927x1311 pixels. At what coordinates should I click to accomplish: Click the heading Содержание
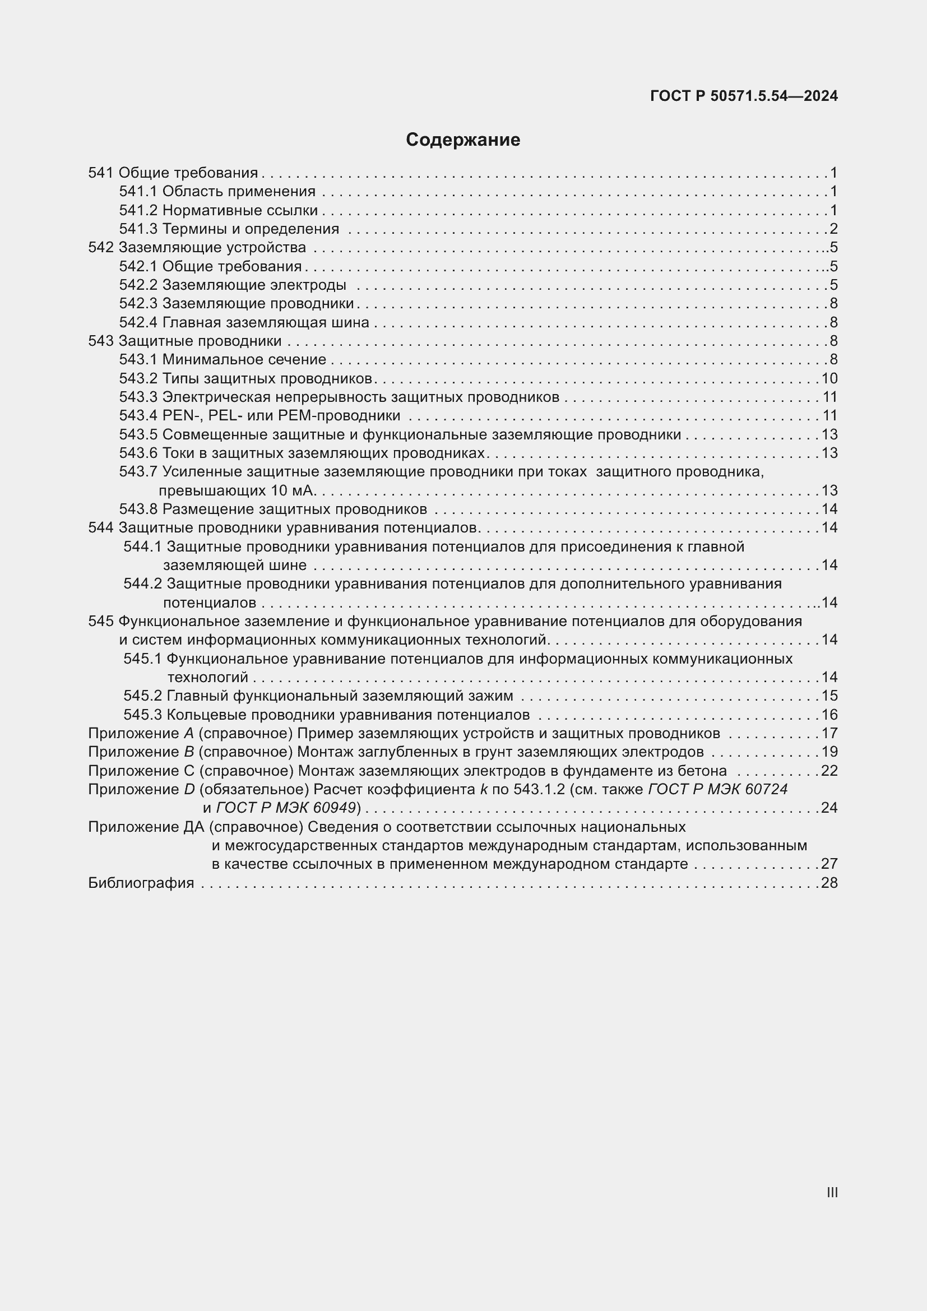[463, 140]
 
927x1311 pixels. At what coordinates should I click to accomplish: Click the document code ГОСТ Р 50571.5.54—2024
[744, 96]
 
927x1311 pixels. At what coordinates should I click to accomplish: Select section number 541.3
[138, 229]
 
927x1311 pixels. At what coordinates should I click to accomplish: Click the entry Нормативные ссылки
[240, 211]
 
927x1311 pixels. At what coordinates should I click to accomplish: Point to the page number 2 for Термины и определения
[833, 229]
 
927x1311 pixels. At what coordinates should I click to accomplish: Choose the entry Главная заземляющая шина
[266, 323]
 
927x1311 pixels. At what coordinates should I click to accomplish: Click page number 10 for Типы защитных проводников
[829, 378]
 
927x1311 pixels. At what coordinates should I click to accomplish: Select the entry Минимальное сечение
[244, 360]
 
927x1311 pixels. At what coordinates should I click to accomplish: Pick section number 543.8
[138, 509]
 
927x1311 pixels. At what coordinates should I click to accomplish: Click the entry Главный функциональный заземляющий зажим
[340, 696]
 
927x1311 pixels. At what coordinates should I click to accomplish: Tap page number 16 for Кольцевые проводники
[829, 715]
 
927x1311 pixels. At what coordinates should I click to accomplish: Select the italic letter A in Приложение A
[189, 733]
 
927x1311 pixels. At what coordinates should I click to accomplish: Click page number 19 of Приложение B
[829, 752]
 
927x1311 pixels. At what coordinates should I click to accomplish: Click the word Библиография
[141, 883]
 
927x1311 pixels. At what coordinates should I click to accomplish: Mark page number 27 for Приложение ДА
[829, 864]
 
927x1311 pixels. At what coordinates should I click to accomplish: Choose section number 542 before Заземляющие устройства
[101, 248]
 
